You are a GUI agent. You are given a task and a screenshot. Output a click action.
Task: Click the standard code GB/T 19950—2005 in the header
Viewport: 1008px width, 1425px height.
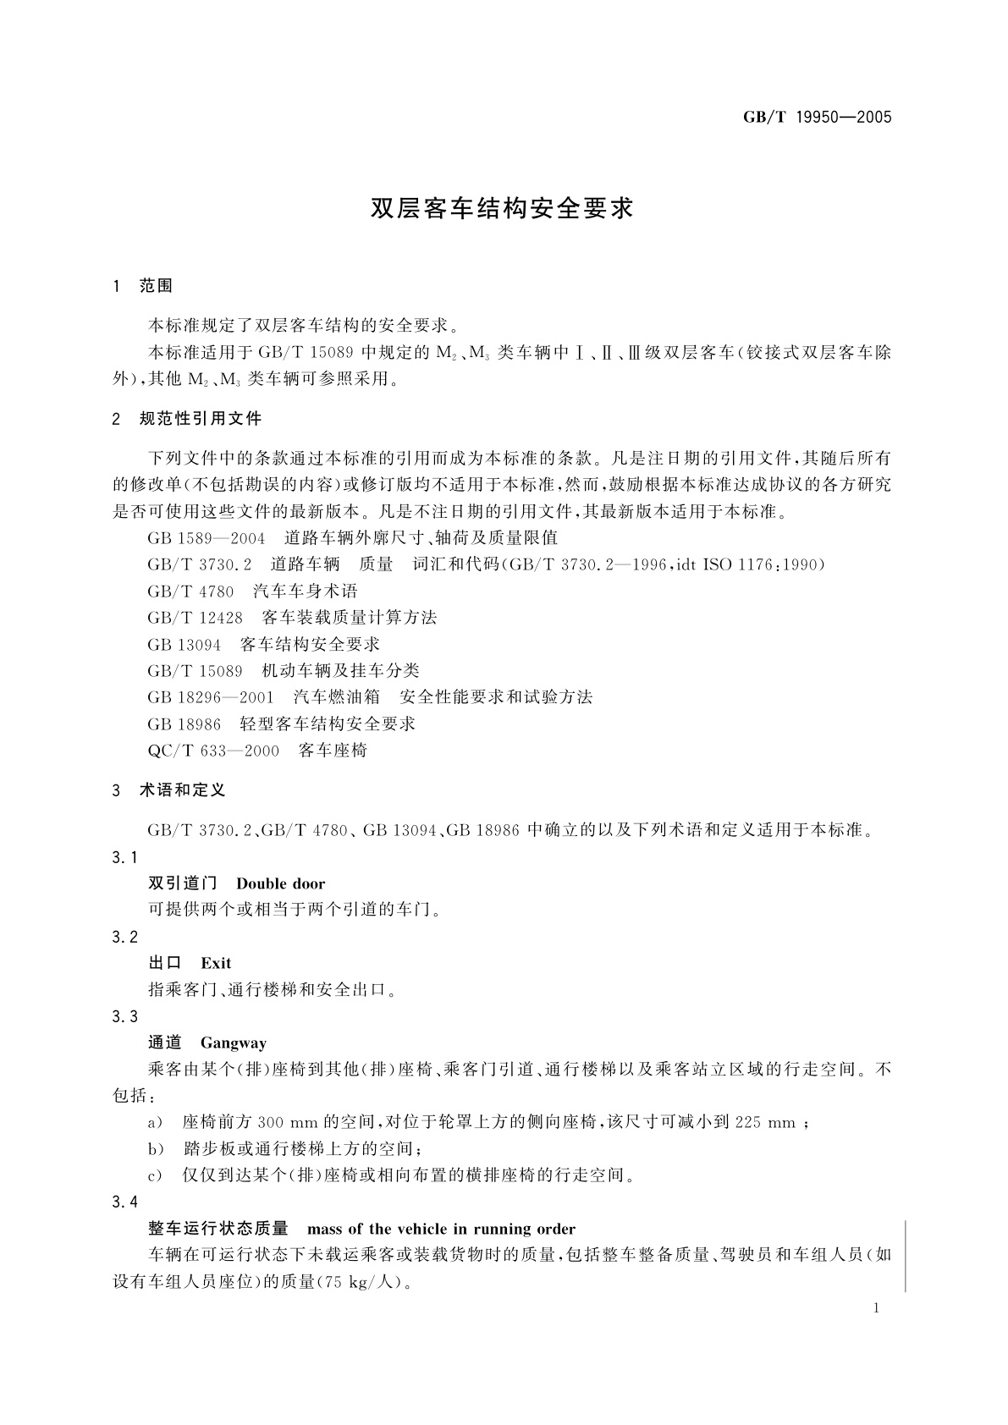[x=817, y=117]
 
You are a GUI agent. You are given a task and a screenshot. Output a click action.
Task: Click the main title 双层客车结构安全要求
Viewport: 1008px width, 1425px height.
[x=503, y=208]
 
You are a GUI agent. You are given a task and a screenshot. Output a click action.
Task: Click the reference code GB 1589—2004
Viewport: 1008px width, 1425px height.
[x=206, y=538]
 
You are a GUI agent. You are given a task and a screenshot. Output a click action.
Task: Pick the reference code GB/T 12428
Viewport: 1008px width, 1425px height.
[x=195, y=618]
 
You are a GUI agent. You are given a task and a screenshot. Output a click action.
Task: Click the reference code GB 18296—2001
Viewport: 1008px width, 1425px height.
[x=211, y=697]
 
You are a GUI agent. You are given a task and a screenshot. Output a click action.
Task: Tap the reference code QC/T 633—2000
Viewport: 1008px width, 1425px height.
[x=213, y=751]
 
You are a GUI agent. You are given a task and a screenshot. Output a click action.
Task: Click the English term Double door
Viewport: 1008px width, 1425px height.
[x=281, y=883]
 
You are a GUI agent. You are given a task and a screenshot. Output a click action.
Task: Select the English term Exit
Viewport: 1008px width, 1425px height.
[x=216, y=963]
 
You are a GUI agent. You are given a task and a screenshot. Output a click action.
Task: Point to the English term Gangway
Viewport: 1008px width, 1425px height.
[x=234, y=1043]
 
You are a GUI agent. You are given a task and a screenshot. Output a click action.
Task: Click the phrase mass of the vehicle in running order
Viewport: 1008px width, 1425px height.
[x=441, y=1229]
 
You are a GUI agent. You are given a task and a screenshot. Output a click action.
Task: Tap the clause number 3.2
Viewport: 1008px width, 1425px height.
[x=124, y=937]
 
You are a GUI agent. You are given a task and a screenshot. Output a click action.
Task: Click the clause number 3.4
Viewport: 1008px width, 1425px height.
[x=124, y=1202]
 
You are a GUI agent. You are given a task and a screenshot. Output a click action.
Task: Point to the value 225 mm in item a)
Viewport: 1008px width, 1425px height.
[x=765, y=1123]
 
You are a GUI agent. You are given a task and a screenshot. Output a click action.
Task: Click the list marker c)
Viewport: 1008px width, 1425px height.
[x=155, y=1175]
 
